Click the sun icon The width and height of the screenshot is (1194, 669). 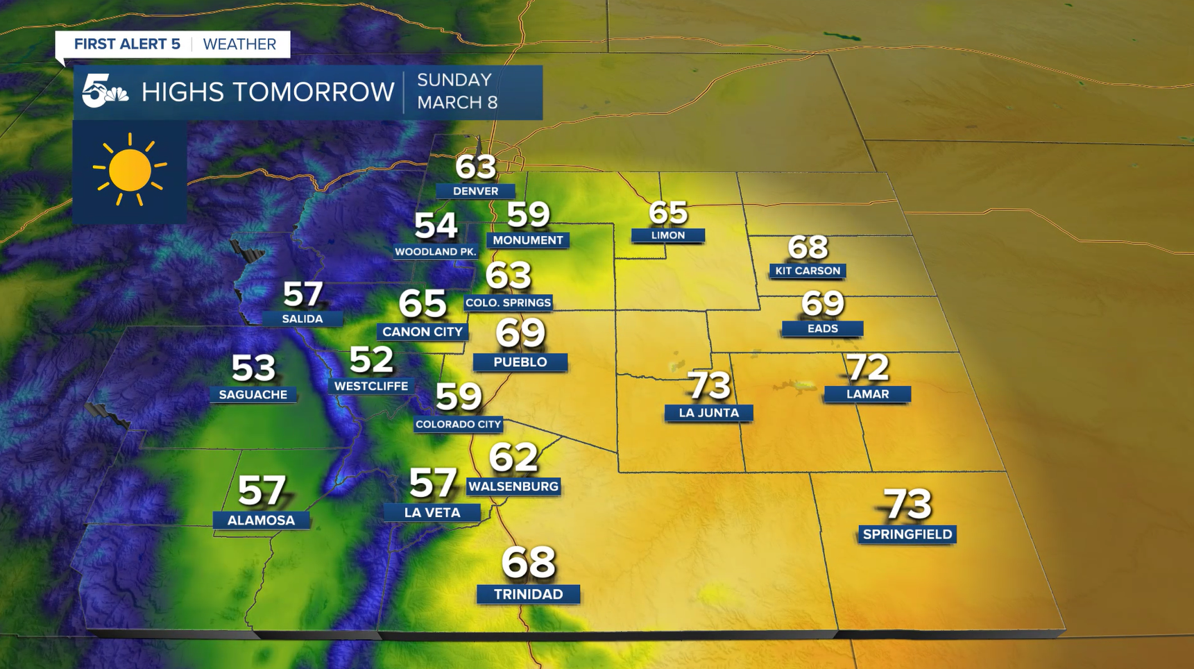point(130,171)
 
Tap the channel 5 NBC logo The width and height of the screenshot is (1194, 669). point(104,92)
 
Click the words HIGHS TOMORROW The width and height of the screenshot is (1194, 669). point(268,92)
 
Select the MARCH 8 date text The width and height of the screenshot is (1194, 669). point(457,103)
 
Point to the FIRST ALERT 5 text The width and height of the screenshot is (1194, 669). point(127,44)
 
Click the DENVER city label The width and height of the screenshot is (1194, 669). point(475,191)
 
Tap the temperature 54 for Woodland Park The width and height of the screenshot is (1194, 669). point(436,226)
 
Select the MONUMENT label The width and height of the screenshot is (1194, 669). point(528,240)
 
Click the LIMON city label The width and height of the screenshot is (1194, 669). point(668,235)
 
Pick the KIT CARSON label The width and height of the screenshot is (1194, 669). point(808,271)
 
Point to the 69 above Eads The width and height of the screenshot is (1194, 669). point(823,303)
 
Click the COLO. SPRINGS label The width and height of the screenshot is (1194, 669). point(508,303)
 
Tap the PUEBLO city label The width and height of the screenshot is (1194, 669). point(520,362)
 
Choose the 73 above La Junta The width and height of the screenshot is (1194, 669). point(708,385)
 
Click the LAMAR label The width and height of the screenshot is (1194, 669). point(867,394)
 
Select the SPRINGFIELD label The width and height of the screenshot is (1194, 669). point(907,534)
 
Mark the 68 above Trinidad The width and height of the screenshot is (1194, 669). point(529,562)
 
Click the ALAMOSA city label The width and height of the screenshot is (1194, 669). point(261,520)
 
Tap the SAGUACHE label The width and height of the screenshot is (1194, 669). point(253,395)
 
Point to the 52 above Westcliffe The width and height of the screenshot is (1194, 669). point(371,359)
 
